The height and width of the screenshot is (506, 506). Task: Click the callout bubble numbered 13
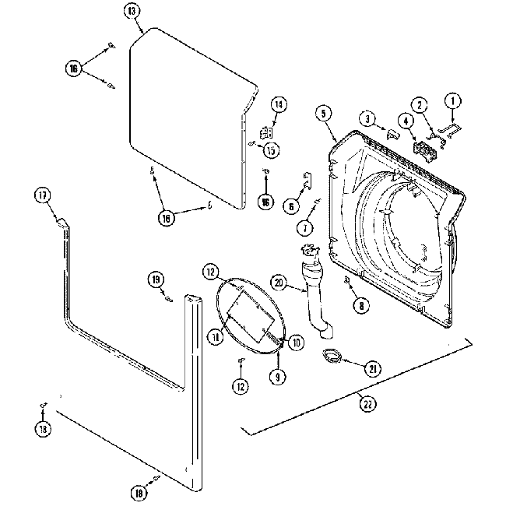pos(132,10)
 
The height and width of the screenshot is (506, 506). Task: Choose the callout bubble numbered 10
pos(295,341)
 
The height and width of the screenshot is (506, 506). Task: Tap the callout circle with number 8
pos(360,306)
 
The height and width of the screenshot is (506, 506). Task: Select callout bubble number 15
pos(270,149)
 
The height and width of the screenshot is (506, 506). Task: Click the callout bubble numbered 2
pos(418,104)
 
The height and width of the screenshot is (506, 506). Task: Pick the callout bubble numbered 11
pos(213,335)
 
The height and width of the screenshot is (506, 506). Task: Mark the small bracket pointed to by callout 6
pos(305,181)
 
